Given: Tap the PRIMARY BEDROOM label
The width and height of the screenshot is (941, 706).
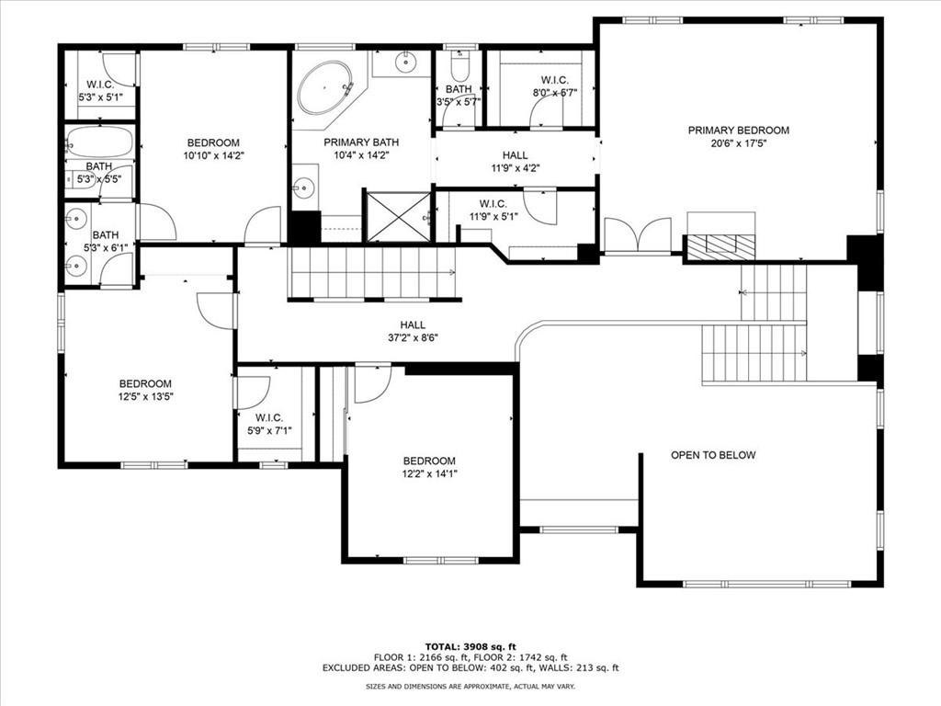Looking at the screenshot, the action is pyautogui.click(x=738, y=131).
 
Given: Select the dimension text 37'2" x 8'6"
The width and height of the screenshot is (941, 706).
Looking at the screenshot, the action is pyautogui.click(x=413, y=338).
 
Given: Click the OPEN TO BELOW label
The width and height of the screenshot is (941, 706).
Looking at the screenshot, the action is pyautogui.click(x=713, y=455).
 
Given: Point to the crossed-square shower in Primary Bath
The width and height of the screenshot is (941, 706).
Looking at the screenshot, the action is pyautogui.click(x=399, y=216).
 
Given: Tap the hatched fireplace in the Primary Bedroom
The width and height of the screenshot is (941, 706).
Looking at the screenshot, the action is pyautogui.click(x=720, y=247).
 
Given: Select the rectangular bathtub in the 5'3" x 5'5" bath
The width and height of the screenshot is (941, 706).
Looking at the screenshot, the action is pyautogui.click(x=99, y=142).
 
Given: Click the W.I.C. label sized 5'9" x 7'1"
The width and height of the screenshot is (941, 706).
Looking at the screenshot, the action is pyautogui.click(x=269, y=418).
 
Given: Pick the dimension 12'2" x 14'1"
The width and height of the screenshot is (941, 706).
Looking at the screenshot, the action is pyautogui.click(x=429, y=473).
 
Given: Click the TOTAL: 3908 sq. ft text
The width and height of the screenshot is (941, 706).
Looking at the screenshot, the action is pyautogui.click(x=470, y=646).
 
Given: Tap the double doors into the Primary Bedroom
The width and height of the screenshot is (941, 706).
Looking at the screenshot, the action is pyautogui.click(x=638, y=235).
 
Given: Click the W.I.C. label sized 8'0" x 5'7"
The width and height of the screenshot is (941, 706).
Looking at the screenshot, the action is pyautogui.click(x=554, y=80).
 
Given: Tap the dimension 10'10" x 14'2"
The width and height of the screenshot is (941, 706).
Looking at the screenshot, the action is pyautogui.click(x=213, y=155).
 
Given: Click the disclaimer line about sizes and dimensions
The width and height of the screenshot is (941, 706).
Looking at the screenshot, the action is pyautogui.click(x=470, y=686).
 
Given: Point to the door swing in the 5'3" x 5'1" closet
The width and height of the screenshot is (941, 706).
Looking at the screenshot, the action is pyautogui.click(x=119, y=70).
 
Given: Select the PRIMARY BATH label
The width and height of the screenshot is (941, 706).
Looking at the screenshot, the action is pyautogui.click(x=361, y=142).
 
